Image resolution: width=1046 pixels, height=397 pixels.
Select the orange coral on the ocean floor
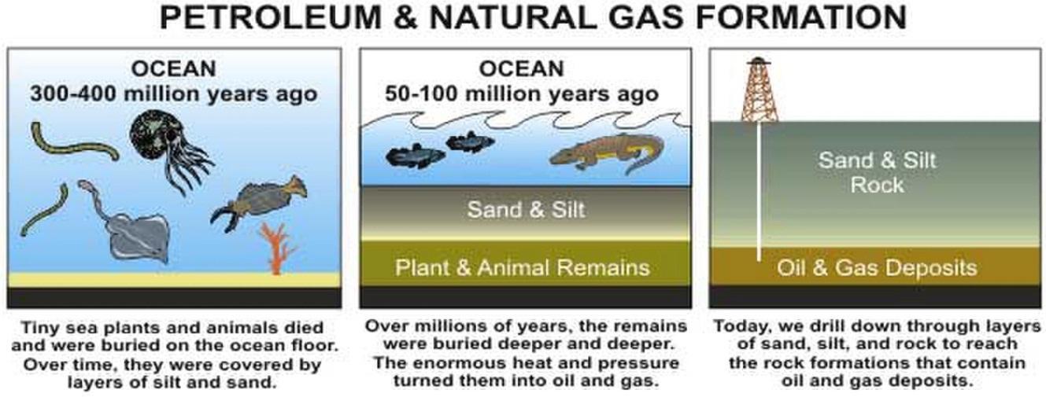pyautogui.click(x=277, y=248)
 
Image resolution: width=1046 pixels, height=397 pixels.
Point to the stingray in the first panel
pyautogui.click(x=129, y=224)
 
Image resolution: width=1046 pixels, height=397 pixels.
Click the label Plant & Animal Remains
pyautogui.click(x=523, y=268)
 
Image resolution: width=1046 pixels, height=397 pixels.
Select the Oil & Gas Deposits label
pyautogui.click(x=877, y=268)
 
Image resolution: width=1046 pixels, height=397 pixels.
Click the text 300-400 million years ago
pyautogui.click(x=174, y=94)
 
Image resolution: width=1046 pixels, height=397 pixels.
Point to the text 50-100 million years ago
pyautogui.click(x=522, y=94)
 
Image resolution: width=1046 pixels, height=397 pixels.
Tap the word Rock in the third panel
pyautogui.click(x=877, y=186)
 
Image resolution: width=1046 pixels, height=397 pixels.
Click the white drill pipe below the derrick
pyautogui.click(x=759, y=191)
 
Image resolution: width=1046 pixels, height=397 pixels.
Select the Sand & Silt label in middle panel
pyautogui.click(x=526, y=209)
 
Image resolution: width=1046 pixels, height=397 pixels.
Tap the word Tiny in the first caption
pyautogui.click(x=39, y=328)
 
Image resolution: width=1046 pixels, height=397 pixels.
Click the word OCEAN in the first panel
pyautogui.click(x=174, y=69)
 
